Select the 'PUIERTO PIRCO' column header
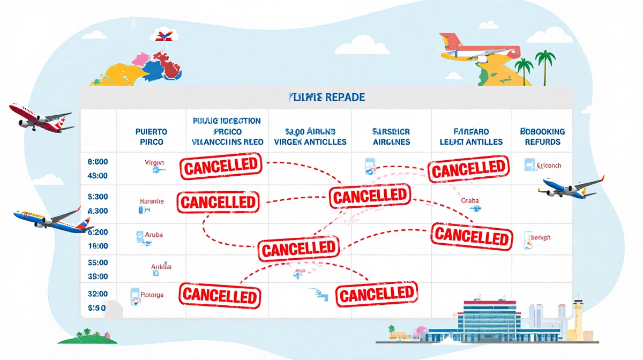tap(152, 137)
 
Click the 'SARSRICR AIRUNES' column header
tap(390, 137)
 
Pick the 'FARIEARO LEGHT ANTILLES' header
tap(470, 137)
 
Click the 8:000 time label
tap(97, 161)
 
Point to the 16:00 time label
tap(97, 246)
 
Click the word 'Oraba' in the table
tap(469, 201)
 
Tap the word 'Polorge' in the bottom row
tap(153, 295)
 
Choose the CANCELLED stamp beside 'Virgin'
tap(221, 166)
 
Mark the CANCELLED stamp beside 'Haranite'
tap(218, 202)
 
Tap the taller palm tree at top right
tap(545, 62)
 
